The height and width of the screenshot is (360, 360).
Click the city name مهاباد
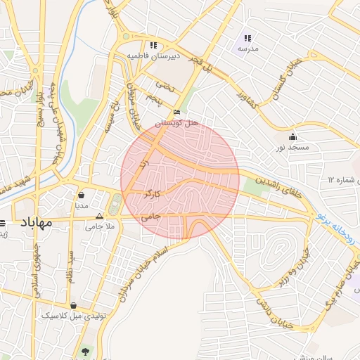point(32,223)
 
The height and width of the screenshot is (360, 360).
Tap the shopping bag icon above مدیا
point(82,195)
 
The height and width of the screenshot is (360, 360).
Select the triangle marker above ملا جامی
point(99,217)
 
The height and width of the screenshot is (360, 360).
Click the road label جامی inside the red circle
point(151,217)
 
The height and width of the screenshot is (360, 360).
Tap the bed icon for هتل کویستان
point(176,112)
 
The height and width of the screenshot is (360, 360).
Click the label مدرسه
point(248,49)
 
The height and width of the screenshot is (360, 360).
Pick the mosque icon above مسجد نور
point(292,136)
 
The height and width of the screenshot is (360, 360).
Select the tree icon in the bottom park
point(86,350)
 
